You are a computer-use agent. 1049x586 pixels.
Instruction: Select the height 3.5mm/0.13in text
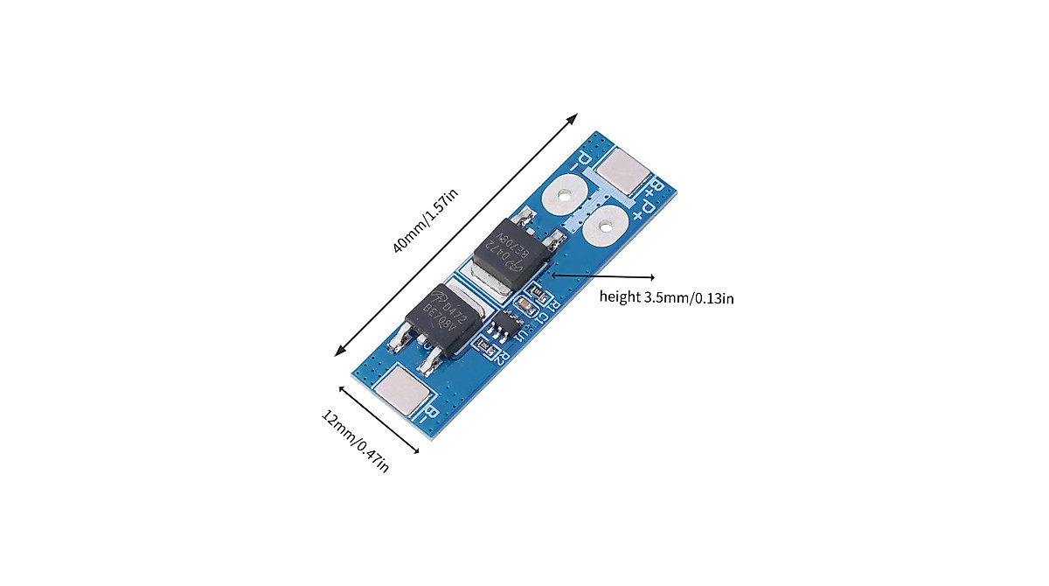tap(666, 297)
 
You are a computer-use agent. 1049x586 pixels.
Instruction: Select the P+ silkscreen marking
tap(645, 210)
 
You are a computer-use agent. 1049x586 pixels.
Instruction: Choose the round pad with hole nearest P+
tap(602, 228)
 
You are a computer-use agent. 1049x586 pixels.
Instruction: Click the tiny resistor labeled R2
tap(483, 347)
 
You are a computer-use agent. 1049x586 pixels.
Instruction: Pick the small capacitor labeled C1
tap(526, 305)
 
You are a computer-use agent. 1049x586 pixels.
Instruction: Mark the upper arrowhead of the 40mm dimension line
tap(574, 116)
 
